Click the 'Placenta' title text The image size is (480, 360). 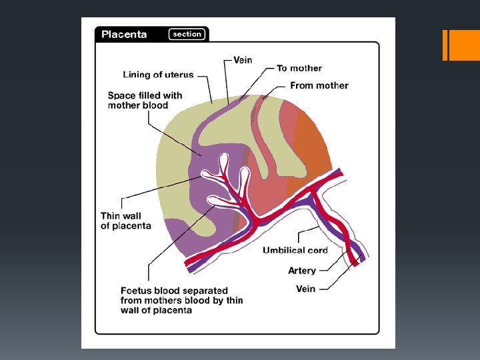[x=124, y=35]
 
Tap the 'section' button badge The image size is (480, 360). [x=187, y=34]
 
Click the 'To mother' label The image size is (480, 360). [x=299, y=68]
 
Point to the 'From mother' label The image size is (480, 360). [x=319, y=85]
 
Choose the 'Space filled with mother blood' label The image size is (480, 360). [x=145, y=101]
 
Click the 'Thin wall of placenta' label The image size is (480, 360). [x=125, y=221]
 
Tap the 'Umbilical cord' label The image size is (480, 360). [x=295, y=251]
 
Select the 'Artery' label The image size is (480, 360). [x=302, y=271]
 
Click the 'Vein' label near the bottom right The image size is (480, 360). [x=305, y=289]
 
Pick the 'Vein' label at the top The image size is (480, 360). [x=243, y=60]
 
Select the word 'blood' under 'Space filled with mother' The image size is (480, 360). [x=155, y=105]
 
